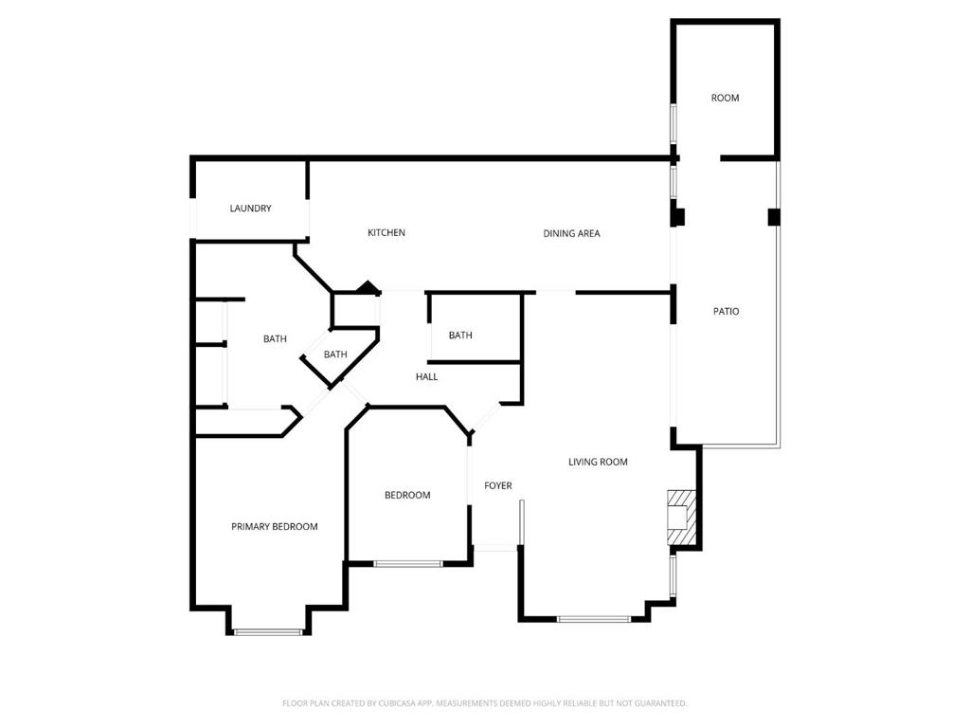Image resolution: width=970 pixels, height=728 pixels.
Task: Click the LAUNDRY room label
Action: click(250, 209)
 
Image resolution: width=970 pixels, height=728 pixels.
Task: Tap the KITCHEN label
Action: click(386, 232)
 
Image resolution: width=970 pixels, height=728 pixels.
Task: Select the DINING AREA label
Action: click(571, 233)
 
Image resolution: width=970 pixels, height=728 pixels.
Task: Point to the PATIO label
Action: click(726, 311)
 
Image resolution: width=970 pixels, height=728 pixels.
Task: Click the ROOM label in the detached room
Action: click(726, 98)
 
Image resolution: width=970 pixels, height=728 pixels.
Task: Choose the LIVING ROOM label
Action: click(598, 462)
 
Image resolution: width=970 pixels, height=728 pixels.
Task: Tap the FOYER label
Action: click(498, 485)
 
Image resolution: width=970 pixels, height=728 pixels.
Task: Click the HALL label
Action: click(426, 376)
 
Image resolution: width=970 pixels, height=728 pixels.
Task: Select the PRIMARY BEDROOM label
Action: click(275, 526)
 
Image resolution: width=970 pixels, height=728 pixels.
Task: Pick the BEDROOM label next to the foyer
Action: click(407, 495)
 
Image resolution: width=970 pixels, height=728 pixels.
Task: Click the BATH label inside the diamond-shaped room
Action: click(335, 355)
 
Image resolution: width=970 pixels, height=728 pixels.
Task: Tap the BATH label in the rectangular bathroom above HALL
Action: click(460, 335)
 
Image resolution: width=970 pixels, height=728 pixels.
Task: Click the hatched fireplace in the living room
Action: click(681, 518)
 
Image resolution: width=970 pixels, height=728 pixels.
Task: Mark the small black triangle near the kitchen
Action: click(368, 287)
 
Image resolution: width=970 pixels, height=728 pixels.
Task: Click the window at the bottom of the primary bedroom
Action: click(268, 631)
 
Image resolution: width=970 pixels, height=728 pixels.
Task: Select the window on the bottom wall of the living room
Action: click(593, 619)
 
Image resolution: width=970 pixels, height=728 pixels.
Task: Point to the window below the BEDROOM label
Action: click(407, 564)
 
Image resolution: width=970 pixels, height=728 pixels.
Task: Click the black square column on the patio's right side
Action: click(774, 217)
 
